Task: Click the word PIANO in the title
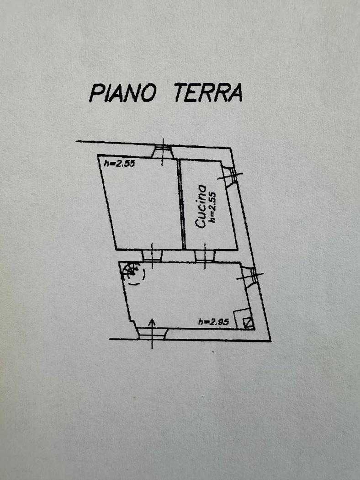point(122,93)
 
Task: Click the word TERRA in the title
point(208,93)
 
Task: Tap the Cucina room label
point(201,206)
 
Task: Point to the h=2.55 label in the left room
point(119,164)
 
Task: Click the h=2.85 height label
point(213,321)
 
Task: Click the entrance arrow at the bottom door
point(152,334)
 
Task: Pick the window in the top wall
point(163,152)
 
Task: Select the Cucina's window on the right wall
point(230,176)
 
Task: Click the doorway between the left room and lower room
point(152,256)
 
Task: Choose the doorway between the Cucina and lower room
point(205,256)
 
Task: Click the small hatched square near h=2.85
point(248,323)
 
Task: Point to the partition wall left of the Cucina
point(181,204)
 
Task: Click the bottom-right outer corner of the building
point(271,341)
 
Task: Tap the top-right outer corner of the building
point(230,149)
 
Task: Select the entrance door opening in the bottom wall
point(152,334)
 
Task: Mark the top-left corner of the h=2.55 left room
point(98,155)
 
